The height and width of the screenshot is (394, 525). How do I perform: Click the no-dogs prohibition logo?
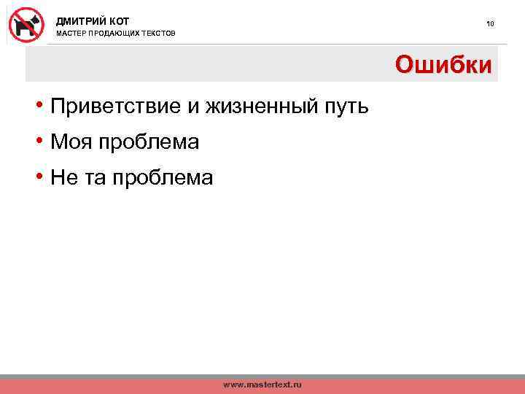[26, 24]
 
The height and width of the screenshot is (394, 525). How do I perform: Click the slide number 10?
[491, 24]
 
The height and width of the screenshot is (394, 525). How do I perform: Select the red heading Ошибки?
[444, 65]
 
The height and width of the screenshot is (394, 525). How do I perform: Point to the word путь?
[343, 107]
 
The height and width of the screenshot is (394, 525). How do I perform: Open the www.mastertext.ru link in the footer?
[262, 385]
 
